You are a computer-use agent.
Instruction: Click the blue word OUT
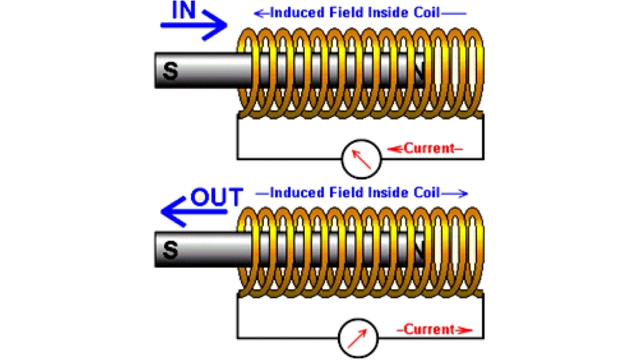(x=216, y=197)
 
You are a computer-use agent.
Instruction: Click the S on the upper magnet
(x=170, y=71)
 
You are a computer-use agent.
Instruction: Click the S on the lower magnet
(x=170, y=249)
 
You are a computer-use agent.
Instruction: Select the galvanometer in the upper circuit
(x=361, y=158)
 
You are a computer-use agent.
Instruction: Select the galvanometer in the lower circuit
(x=358, y=338)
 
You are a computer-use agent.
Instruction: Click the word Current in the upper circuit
(x=428, y=148)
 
